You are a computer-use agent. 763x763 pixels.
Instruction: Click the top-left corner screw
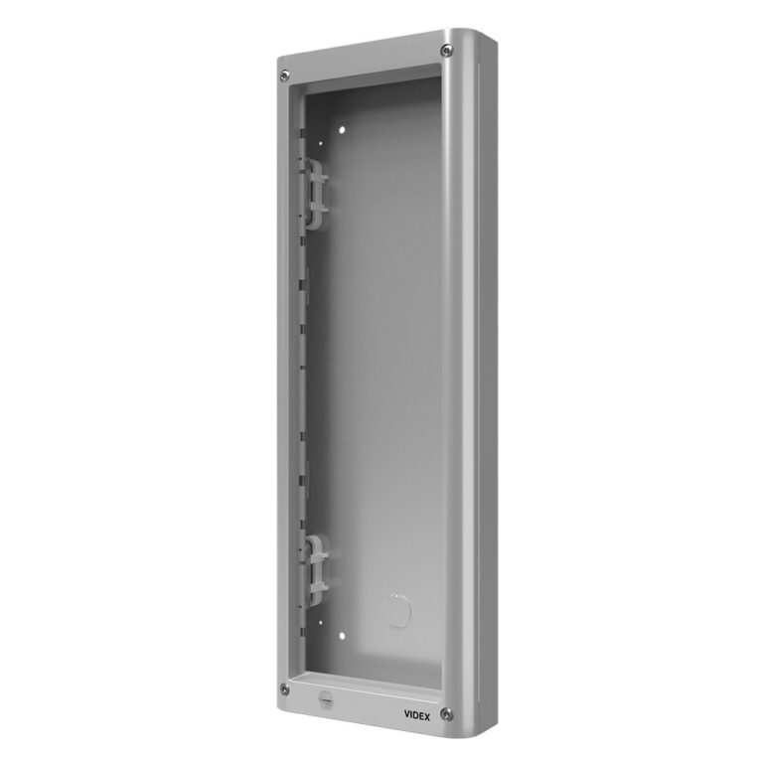tap(285, 76)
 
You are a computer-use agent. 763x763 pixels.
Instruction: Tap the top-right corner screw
tap(446, 51)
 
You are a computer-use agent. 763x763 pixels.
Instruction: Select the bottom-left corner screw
tap(285, 689)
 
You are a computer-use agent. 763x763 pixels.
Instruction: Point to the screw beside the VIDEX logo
tap(446, 714)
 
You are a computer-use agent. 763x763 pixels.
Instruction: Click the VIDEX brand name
tap(417, 715)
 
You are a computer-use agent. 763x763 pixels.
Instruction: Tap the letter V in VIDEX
tap(407, 714)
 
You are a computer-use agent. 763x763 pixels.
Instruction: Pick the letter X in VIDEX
tap(427, 716)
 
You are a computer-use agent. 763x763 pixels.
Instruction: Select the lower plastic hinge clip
tap(315, 570)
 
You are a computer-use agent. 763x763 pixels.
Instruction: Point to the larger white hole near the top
tap(342, 130)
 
